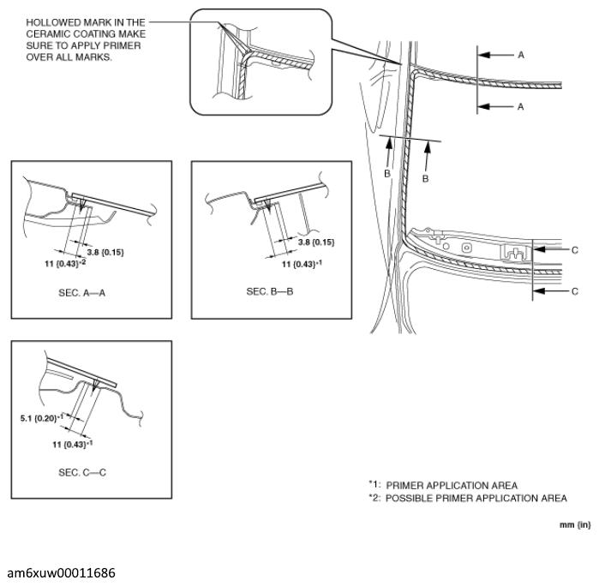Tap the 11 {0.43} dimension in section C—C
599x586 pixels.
pyautogui.click(x=71, y=445)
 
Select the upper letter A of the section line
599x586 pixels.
pyautogui.click(x=520, y=54)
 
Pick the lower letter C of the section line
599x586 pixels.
pyautogui.click(x=575, y=291)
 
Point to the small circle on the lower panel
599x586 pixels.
pyautogui.click(x=466, y=248)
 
